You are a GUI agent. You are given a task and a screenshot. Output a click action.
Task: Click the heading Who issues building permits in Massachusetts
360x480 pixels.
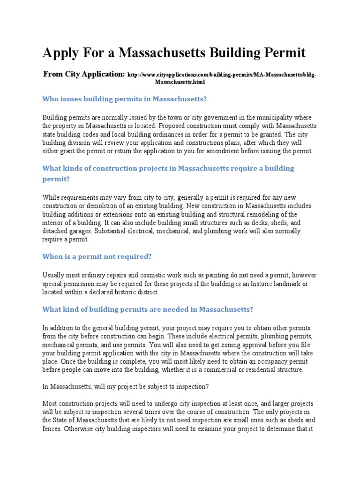124,99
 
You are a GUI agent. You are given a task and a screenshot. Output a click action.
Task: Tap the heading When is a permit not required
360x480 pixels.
97,257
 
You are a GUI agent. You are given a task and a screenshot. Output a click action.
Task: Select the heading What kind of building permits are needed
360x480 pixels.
148,309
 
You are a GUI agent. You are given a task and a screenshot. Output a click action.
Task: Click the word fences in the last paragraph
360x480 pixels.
52,428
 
